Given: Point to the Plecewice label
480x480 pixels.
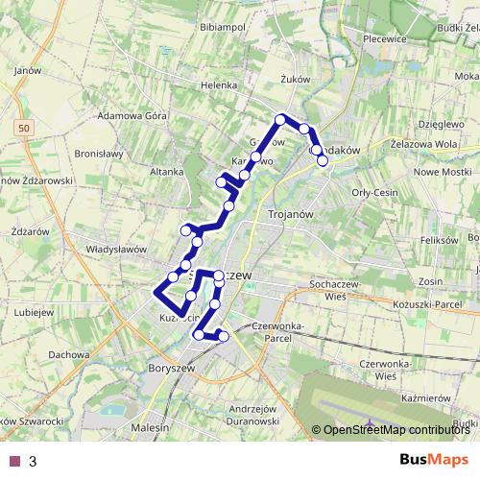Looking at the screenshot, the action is click(x=388, y=39).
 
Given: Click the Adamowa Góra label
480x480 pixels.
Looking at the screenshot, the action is click(x=133, y=114).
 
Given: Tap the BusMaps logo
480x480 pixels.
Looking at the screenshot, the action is click(x=436, y=461).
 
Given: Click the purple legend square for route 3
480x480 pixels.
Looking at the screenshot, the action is click(x=13, y=461).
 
